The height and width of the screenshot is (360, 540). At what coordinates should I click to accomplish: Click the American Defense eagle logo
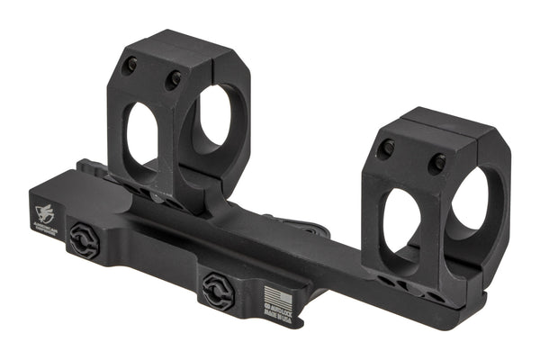pyautogui.click(x=45, y=214)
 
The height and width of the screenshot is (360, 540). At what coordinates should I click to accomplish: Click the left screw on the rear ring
pyautogui.click(x=131, y=65)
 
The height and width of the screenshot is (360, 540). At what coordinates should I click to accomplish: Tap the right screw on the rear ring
pyautogui.click(x=171, y=79)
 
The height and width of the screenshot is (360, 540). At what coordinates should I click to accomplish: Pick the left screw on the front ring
pyautogui.click(x=385, y=148)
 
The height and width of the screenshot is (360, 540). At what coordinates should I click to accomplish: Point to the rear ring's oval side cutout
pyautogui.click(x=142, y=136)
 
